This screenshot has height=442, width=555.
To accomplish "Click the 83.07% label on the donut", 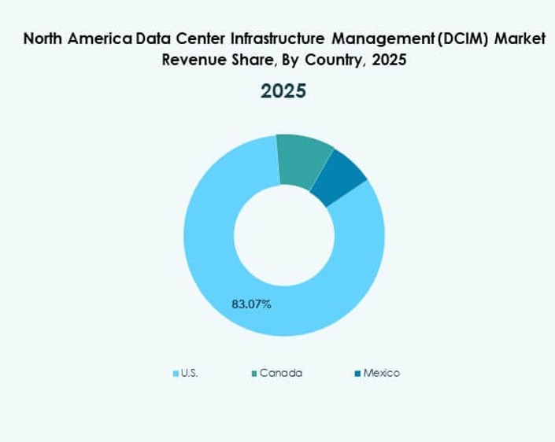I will pos(251,304).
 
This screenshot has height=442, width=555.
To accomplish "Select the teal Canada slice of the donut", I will pos(304,159).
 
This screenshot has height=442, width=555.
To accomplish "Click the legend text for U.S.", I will pos(189,373).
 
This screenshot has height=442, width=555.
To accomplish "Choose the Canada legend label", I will pos(280,373).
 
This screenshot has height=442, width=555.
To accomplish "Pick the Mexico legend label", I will pos(381,373).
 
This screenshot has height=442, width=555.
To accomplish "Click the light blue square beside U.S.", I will pos(176,374).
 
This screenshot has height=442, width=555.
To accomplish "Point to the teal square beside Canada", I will pos(253,374).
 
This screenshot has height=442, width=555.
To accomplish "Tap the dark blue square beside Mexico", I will pos(357,374).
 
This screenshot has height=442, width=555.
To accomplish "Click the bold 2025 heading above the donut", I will pos(283,91).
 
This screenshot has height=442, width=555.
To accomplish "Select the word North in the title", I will pos(44,37).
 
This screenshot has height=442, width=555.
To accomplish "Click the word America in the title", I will pos(98,37).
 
